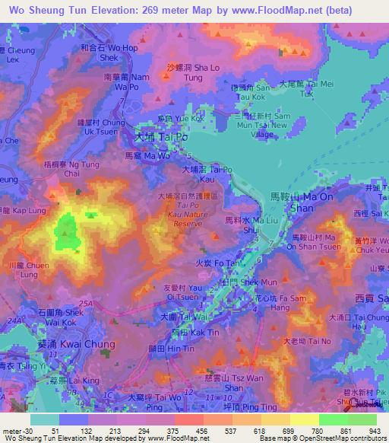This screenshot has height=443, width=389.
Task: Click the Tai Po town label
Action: [155, 139]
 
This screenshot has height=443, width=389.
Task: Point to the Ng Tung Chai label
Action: [72, 168]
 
